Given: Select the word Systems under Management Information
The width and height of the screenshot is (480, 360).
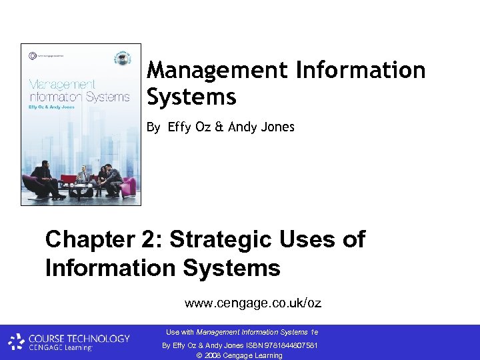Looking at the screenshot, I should pyautogui.click(x=191, y=97).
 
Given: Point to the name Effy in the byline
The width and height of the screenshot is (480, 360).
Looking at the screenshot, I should pyautogui.click(x=179, y=127).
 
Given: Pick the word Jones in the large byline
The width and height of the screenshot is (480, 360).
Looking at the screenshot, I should pyautogui.click(x=277, y=127).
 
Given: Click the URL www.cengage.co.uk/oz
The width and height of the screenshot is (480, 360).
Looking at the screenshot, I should pyautogui.click(x=253, y=303).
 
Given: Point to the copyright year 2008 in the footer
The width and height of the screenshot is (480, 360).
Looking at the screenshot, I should pyautogui.click(x=211, y=355).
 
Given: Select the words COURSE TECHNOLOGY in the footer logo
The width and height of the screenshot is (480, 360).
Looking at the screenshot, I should pyautogui.click(x=79, y=339).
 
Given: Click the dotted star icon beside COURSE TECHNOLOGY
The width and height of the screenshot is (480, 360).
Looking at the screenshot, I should pyautogui.click(x=16, y=343).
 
